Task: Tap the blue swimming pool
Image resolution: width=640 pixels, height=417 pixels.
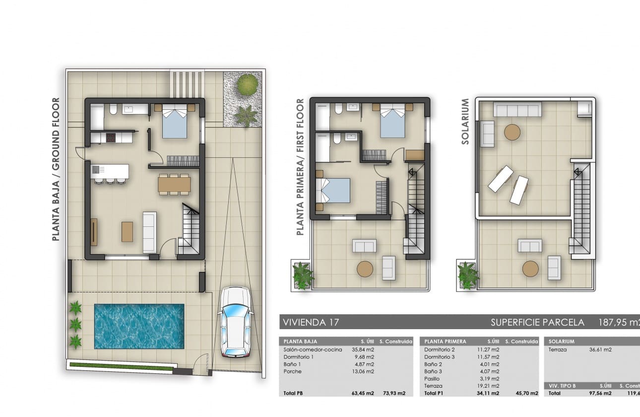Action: pyautogui.click(x=139, y=326)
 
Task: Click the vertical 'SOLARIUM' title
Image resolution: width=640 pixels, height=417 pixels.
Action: pyautogui.click(x=465, y=122)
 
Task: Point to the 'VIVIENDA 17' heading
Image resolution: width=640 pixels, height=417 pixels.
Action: pyautogui.click(x=311, y=322)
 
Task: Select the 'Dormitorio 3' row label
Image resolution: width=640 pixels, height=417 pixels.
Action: pyautogui.click(x=440, y=357)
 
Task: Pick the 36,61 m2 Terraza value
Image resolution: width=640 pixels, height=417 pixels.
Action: pyautogui.click(x=601, y=349)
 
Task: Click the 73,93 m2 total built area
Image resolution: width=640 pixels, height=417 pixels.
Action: pyautogui.click(x=395, y=393)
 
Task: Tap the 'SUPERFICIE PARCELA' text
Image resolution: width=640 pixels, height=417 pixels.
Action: pyautogui.click(x=537, y=322)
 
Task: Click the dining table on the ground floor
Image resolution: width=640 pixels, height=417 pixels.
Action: pyautogui.click(x=174, y=185)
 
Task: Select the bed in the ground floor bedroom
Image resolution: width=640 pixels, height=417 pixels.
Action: pyautogui.click(x=175, y=122)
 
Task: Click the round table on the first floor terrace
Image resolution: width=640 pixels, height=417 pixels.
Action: pyautogui.click(x=365, y=269)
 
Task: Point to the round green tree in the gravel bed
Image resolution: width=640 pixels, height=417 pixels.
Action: pyautogui.click(x=247, y=84)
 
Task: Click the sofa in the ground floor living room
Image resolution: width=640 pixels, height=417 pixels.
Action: pyautogui.click(x=149, y=232)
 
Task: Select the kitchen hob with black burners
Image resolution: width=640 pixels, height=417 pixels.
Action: pyautogui.click(x=110, y=138)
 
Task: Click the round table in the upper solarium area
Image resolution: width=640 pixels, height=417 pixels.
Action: pyautogui.click(x=512, y=132)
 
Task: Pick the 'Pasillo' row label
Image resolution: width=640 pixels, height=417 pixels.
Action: pyautogui.click(x=432, y=378)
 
